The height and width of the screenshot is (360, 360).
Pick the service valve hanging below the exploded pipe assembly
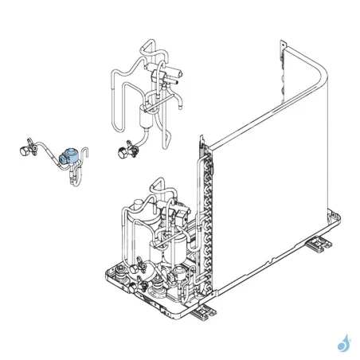[123, 149]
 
